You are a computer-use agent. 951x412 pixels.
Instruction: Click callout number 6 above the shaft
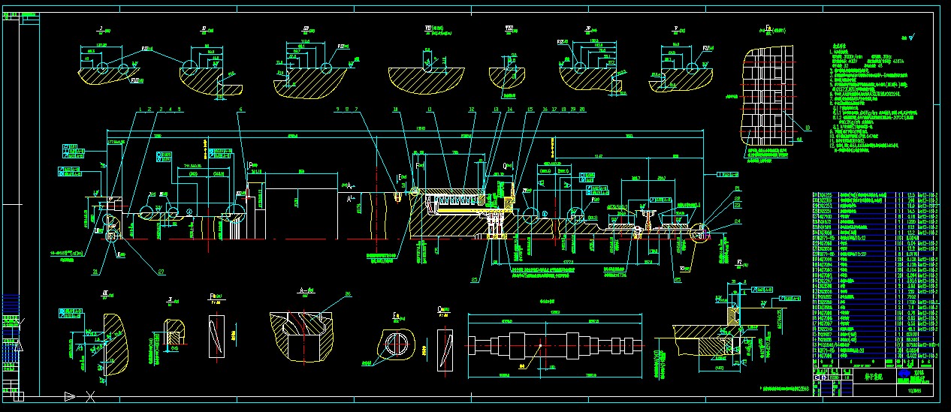241,110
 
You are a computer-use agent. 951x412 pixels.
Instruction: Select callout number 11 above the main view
429,110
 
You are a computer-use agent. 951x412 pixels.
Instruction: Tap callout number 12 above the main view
472,110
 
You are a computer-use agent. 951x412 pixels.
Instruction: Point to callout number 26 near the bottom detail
348,293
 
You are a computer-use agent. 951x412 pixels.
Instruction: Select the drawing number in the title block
914,389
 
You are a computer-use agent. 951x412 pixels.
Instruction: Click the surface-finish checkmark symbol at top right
913,35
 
